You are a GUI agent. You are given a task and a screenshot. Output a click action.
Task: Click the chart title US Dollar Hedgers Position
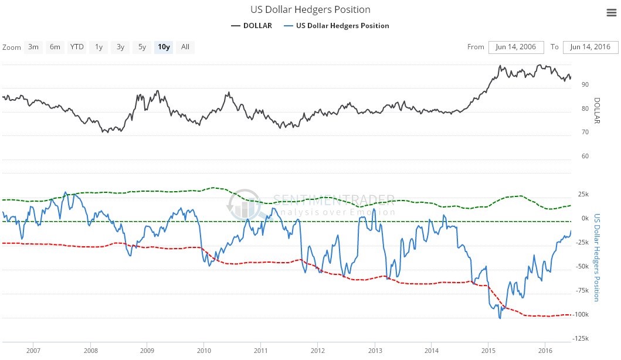(310, 9)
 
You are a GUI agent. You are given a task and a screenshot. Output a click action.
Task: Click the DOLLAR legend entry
(252, 26)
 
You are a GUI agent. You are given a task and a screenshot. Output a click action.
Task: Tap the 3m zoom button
(33, 47)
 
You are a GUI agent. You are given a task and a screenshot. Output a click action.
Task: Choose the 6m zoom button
(55, 47)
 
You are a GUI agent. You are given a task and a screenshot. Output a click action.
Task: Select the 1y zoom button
(99, 47)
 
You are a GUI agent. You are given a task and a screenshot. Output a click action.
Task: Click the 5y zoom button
(142, 47)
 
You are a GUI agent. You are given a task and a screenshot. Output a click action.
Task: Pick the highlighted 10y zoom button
(164, 47)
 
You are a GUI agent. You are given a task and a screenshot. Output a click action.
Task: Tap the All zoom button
(185, 47)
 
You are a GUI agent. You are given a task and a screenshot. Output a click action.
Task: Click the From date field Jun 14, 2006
(516, 47)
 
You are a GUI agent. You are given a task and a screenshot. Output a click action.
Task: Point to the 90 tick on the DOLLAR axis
(585, 84)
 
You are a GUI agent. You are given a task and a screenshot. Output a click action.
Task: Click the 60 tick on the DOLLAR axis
(585, 156)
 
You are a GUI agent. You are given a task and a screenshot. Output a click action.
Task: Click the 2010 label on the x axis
(203, 350)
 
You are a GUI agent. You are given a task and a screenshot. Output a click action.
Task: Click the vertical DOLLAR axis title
(598, 111)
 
